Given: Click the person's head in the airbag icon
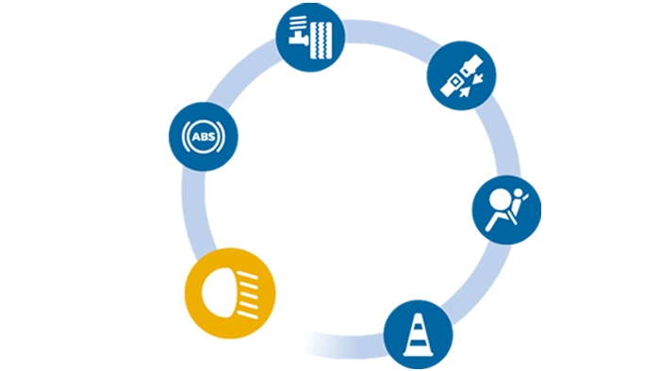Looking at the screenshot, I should click(497, 199).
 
